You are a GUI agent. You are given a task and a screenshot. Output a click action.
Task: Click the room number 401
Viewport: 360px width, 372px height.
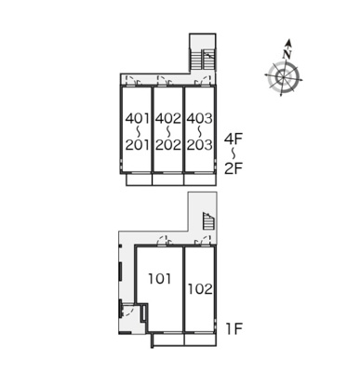(138, 118)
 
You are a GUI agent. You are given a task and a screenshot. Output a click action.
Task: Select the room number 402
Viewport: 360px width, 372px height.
(168, 118)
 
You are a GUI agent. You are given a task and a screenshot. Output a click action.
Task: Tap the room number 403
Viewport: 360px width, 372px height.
(200, 118)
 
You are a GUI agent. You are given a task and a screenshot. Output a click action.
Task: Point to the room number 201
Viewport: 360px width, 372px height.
(138, 145)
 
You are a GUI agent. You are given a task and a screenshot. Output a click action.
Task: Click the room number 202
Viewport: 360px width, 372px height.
(168, 145)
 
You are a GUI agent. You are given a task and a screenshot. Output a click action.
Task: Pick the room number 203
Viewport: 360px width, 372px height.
(200, 145)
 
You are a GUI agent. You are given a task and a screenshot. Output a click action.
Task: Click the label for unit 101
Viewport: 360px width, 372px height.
(160, 279)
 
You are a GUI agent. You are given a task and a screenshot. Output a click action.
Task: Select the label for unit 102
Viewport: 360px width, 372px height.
(201, 289)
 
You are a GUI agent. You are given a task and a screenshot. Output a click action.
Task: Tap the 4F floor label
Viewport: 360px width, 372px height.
(233, 139)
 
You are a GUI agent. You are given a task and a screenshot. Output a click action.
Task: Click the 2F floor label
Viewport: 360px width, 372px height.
(233, 168)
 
